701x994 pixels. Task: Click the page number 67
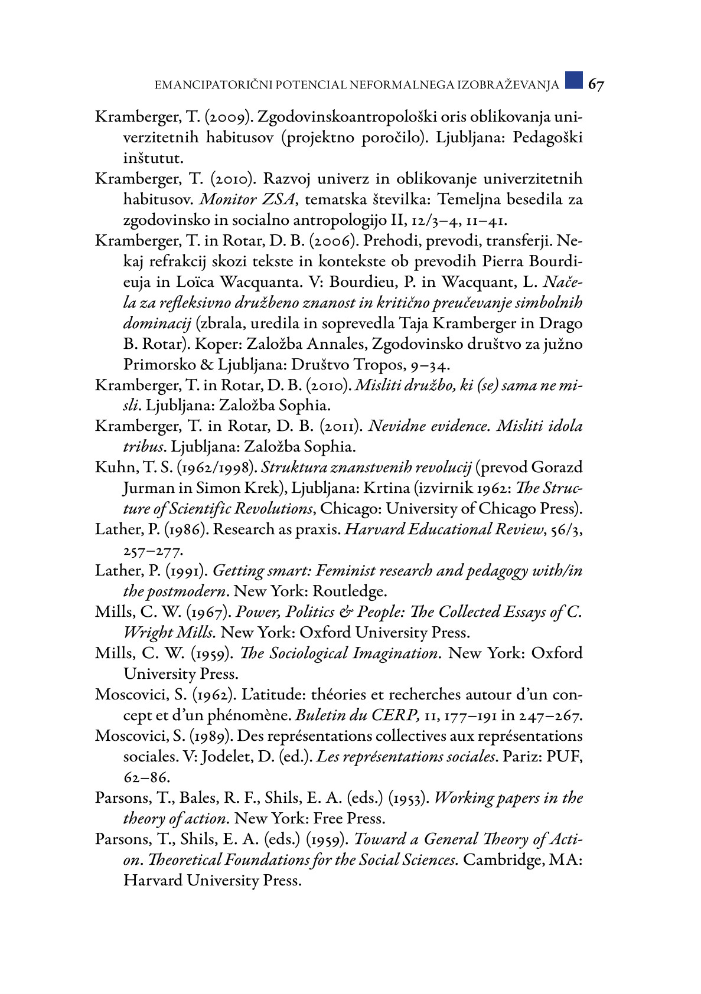595,85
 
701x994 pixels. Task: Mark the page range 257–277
153,551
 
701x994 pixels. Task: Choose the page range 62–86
146,777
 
